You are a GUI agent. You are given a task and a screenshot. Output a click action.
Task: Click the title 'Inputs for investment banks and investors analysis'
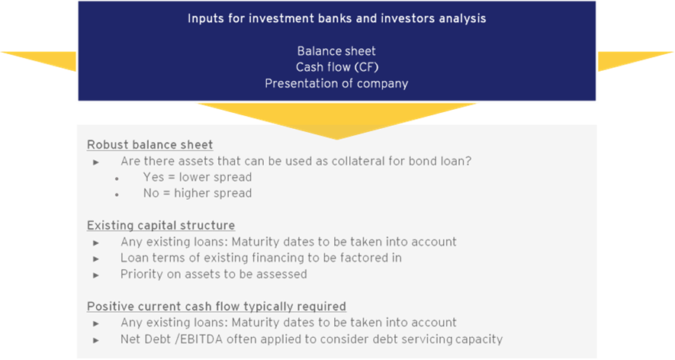coord(336,19)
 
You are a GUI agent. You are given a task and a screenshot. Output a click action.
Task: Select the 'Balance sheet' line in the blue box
coord(336,51)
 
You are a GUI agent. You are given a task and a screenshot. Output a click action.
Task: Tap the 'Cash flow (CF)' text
coord(337,67)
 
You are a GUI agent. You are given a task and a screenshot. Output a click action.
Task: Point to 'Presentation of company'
coord(336,84)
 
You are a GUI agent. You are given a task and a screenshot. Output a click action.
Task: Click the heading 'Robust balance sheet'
coord(149,145)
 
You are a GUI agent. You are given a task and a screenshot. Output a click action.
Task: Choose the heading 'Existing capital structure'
coord(161,226)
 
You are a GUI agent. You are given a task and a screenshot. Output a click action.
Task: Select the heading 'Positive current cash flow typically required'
coord(217,307)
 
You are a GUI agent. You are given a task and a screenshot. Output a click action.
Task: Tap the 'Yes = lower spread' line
coord(198,177)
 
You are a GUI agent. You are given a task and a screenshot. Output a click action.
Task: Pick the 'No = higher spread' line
coord(198,194)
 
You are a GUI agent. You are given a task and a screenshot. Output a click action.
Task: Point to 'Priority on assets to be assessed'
coord(214,275)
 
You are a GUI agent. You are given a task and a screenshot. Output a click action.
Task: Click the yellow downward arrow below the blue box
coord(336,117)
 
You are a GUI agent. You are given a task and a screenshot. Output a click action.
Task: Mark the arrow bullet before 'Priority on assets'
coord(96,275)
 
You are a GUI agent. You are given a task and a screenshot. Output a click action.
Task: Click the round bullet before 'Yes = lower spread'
coord(117,178)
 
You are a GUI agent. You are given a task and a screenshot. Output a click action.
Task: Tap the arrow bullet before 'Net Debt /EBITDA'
coord(96,340)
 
